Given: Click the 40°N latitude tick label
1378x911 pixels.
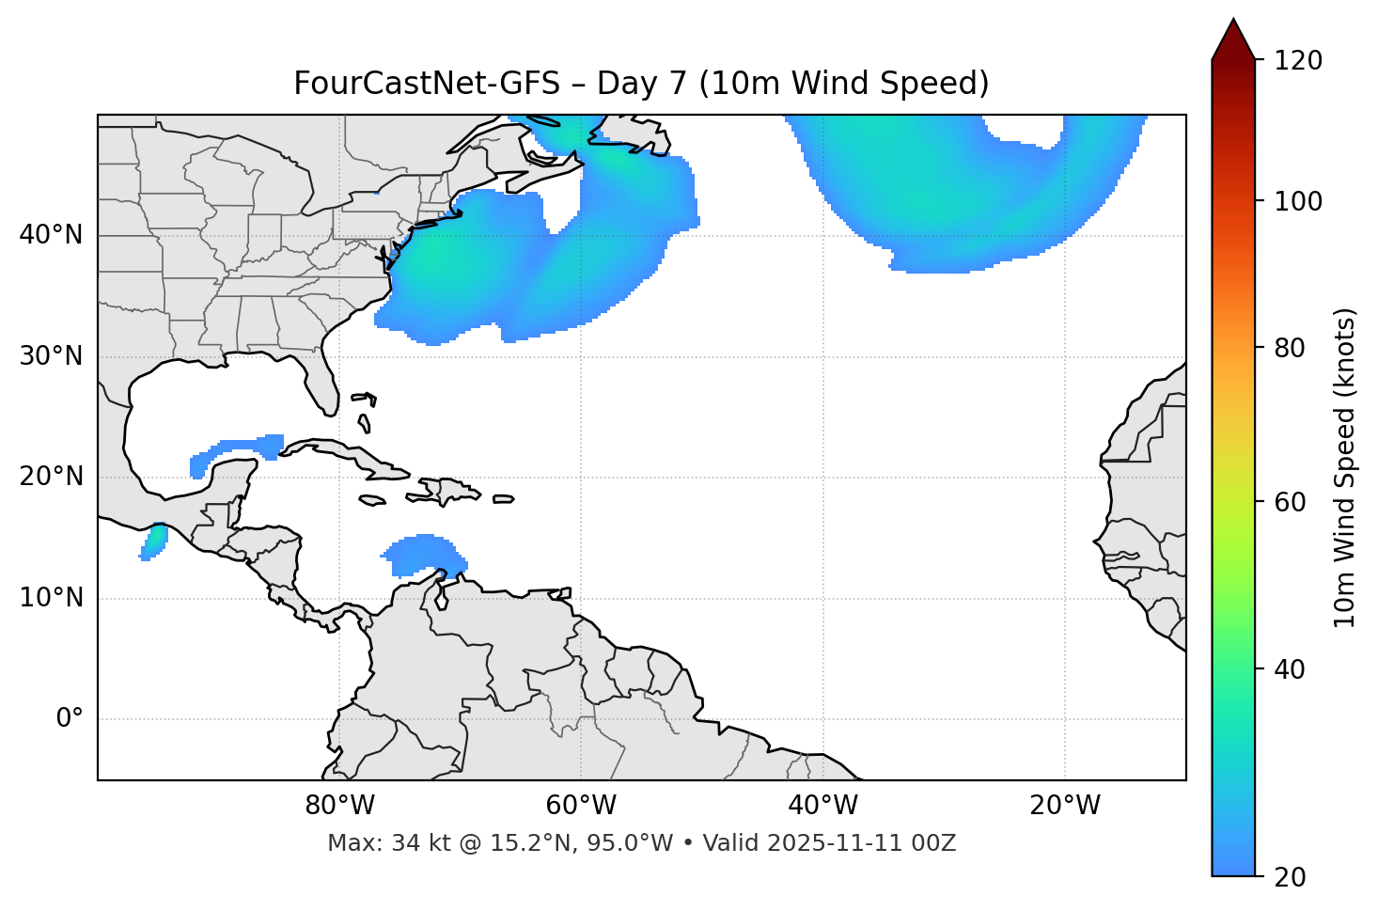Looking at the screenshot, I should point(51,235).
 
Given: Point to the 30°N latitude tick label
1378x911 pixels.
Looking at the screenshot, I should point(51,356).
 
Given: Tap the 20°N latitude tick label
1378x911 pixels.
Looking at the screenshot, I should point(51,478).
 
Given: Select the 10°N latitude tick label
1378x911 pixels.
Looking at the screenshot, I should point(51,598).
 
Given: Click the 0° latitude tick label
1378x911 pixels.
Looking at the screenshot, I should point(70,719).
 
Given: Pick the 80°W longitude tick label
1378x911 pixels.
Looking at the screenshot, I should point(339,806).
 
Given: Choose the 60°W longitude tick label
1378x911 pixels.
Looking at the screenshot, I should point(581,806).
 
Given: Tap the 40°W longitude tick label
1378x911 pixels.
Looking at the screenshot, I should point(822,806).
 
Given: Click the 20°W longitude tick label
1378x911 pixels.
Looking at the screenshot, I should point(1064,806).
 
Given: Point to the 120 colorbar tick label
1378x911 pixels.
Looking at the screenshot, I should point(1298,61).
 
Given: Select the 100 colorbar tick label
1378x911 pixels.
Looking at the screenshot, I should point(1298,201).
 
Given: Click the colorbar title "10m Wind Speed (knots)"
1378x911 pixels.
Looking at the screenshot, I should point(1345,467).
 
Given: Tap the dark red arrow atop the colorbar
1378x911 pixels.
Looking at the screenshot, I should point(1233,39).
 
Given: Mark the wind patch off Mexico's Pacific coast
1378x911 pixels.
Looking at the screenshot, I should point(153,542).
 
